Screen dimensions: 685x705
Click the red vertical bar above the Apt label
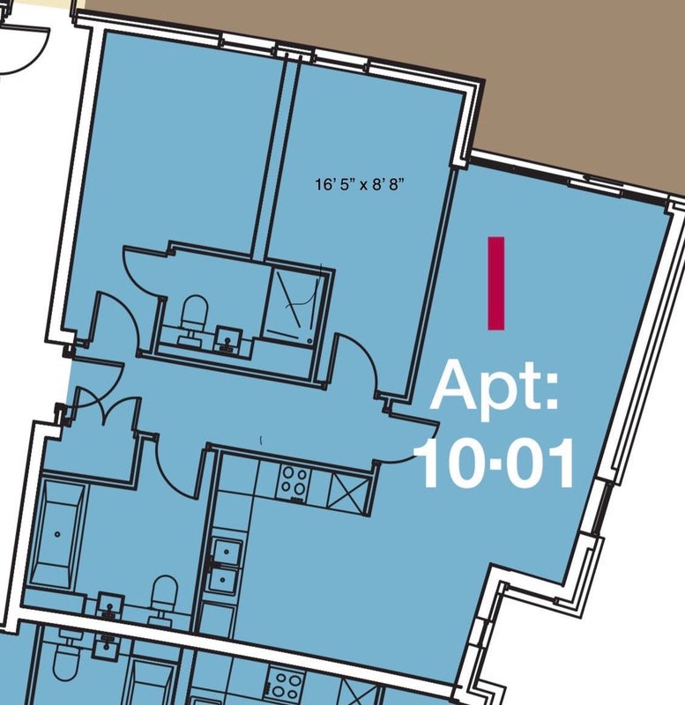[496, 283]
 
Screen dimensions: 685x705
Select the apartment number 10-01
[495, 464]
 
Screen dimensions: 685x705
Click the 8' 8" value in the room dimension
[386, 184]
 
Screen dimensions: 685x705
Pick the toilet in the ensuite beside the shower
[194, 318]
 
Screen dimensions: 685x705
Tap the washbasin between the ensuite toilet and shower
[228, 340]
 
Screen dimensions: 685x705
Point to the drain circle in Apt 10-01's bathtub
[57, 534]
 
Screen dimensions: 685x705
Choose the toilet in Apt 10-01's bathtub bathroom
[163, 599]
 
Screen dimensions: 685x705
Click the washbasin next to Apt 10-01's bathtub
[109, 608]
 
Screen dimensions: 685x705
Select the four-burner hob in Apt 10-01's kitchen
[293, 482]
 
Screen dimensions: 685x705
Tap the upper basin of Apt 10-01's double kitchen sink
[226, 552]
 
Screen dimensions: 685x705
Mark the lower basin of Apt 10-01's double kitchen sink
[223, 581]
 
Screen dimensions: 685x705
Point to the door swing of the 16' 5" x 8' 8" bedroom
[360, 360]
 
